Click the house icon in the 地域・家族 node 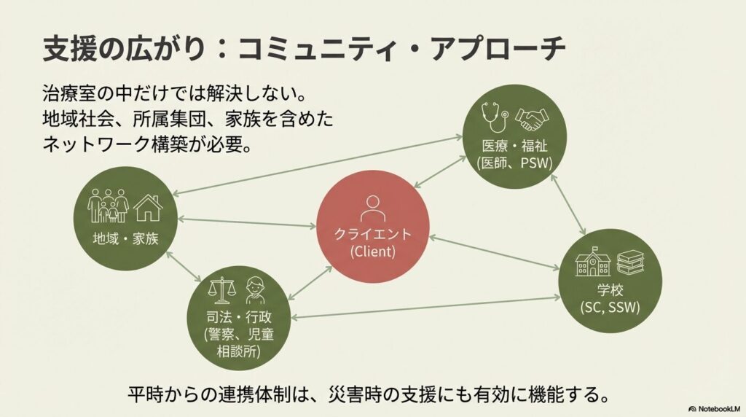click(148, 207)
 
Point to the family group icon click(108, 206)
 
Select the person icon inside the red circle click(372, 206)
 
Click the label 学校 click(610, 289)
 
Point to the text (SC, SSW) click(610, 306)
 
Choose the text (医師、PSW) click(514, 162)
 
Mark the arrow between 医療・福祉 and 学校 click(570, 209)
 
